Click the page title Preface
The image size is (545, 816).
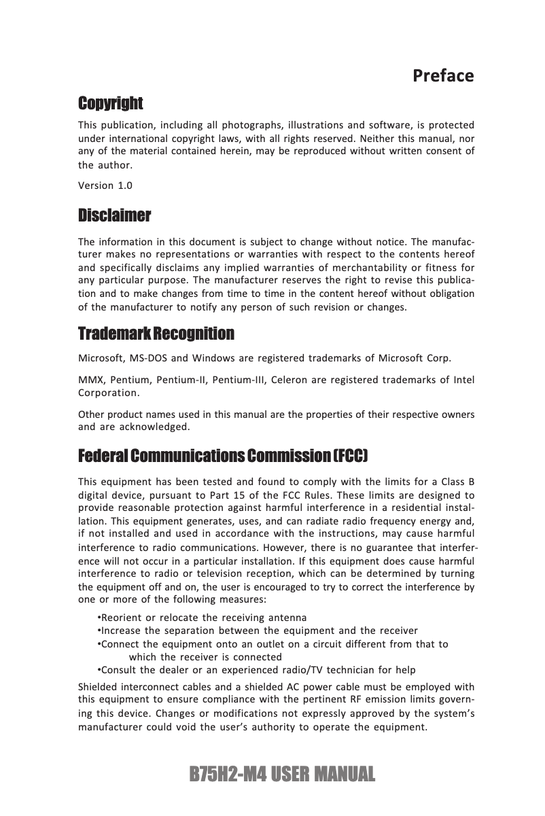coord(443,75)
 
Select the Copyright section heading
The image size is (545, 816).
coord(111,103)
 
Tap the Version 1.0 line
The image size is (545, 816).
coord(105,185)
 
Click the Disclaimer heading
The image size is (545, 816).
coord(114,216)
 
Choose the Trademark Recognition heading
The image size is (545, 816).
coord(156,334)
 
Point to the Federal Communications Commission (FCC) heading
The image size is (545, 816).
coord(224,454)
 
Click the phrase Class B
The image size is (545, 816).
coord(458,483)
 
